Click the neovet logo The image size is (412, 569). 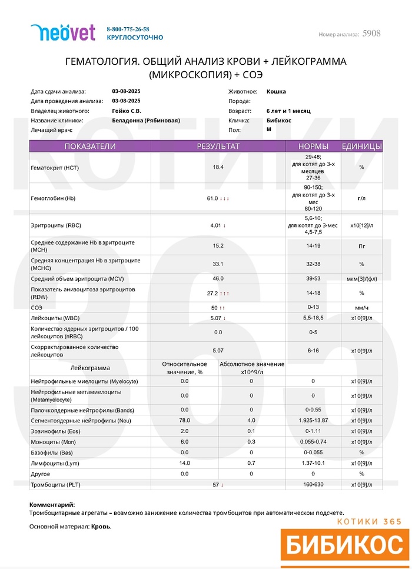click(x=62, y=32)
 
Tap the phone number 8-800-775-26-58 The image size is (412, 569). click(x=128, y=29)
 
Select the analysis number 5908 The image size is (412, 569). click(x=371, y=34)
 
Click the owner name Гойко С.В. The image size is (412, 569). click(x=126, y=111)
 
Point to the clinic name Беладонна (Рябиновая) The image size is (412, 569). click(x=145, y=120)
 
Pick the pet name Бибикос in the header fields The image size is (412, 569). click(x=278, y=120)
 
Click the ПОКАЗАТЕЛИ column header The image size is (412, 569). click(x=90, y=147)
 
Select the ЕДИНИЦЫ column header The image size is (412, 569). click(x=361, y=147)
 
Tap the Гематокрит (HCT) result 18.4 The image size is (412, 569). click(x=218, y=167)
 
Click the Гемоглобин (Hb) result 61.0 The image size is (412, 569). click(x=212, y=198)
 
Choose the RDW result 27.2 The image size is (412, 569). click(x=212, y=293)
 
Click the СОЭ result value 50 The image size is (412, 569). click(x=214, y=308)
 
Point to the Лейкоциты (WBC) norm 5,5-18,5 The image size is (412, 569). click(x=313, y=318)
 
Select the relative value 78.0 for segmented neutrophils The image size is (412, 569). click(x=184, y=421)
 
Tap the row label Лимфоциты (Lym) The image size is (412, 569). click(x=53, y=463)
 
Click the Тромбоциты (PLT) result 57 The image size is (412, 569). click(x=215, y=485)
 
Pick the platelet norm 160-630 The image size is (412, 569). click(x=313, y=485)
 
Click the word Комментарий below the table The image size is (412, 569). click(x=52, y=504)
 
